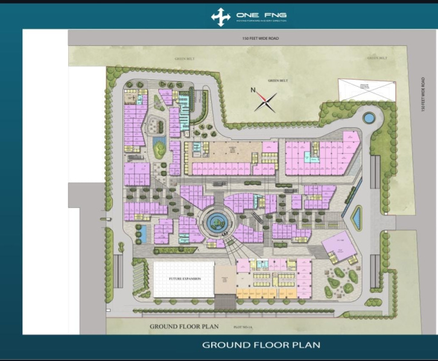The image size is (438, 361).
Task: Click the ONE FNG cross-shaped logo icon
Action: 221,16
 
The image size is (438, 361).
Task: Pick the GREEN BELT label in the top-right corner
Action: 376,58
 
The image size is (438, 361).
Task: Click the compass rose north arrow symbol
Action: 266,101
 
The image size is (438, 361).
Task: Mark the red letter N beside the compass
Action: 254,91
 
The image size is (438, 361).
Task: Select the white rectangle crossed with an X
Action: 366,89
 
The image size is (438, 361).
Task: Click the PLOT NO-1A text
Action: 243,327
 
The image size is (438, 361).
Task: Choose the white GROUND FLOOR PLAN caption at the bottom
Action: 261,345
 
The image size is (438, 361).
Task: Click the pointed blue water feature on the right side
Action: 357,218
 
